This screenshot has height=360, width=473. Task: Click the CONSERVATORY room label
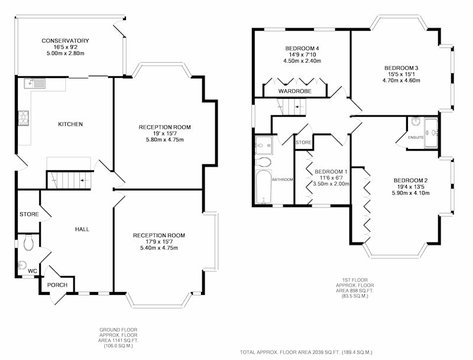click(65, 41)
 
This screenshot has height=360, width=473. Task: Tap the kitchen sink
click(35, 83)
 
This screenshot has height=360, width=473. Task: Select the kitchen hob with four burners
click(24, 118)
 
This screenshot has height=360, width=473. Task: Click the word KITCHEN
click(70, 124)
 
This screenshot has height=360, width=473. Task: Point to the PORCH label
click(57, 285)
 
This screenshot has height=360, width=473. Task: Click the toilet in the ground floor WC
click(28, 243)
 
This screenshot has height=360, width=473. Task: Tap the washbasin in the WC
click(22, 264)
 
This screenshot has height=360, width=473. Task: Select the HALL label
click(82, 229)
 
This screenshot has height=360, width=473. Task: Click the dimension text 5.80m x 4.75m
click(165, 140)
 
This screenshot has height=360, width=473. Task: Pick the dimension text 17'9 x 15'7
click(159, 242)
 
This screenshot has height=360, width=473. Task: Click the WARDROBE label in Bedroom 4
click(294, 91)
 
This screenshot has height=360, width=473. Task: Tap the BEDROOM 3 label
click(401, 68)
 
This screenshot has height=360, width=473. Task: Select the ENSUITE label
click(416, 138)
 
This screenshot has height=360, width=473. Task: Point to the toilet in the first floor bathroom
click(263, 161)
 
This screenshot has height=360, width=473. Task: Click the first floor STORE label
click(303, 142)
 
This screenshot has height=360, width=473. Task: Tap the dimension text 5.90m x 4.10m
click(410, 193)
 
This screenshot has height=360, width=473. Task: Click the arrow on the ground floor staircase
click(85, 180)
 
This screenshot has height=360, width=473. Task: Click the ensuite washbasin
click(417, 122)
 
